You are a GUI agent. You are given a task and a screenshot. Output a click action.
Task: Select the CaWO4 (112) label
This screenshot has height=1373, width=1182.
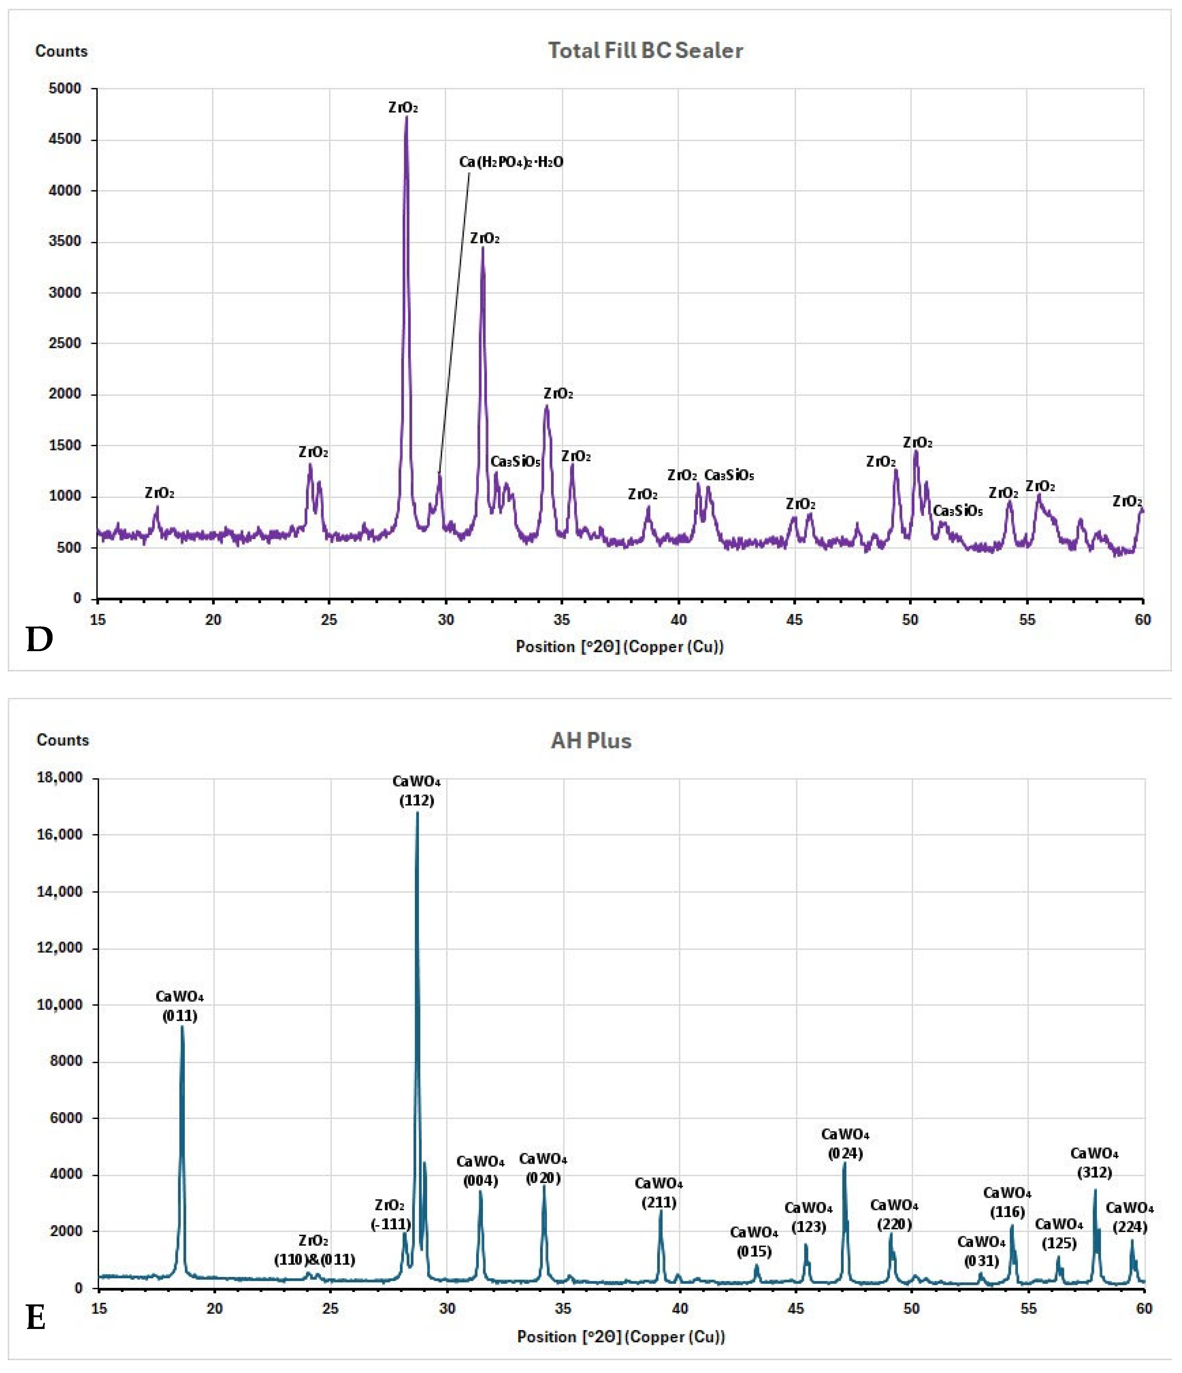click(416, 790)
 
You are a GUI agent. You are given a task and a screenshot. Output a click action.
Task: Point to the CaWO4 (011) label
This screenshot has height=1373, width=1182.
click(180, 1006)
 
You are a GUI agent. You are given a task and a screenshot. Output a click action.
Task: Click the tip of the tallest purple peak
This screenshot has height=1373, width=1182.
click(406, 117)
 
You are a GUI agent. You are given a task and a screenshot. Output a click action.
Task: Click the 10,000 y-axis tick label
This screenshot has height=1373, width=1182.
click(60, 1004)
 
